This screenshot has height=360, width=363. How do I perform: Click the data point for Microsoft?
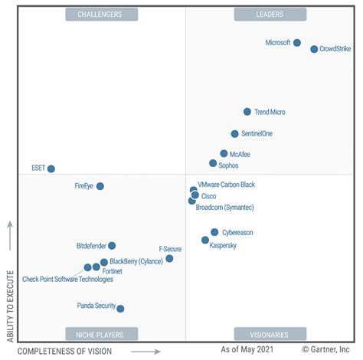(297, 43)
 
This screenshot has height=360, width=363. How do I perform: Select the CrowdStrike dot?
(314, 49)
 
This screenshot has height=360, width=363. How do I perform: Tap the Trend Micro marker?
(247, 112)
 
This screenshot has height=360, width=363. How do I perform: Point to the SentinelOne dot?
(235, 134)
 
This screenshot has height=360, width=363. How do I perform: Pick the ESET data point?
(51, 169)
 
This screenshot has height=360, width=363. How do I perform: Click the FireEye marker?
(100, 186)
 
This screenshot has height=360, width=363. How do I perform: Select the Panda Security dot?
(120, 309)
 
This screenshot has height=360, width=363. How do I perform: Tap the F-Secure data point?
(169, 259)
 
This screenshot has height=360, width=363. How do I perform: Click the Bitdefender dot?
(112, 246)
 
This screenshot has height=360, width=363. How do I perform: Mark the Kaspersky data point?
(205, 240)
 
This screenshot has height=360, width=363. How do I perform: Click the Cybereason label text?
(237, 232)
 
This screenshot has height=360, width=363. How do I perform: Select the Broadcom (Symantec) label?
(225, 208)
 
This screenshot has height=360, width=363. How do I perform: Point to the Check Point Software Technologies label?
(67, 279)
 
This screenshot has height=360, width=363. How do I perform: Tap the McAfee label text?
(240, 154)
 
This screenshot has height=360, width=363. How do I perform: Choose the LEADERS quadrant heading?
(271, 14)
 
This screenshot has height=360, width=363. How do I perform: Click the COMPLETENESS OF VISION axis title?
(64, 352)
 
